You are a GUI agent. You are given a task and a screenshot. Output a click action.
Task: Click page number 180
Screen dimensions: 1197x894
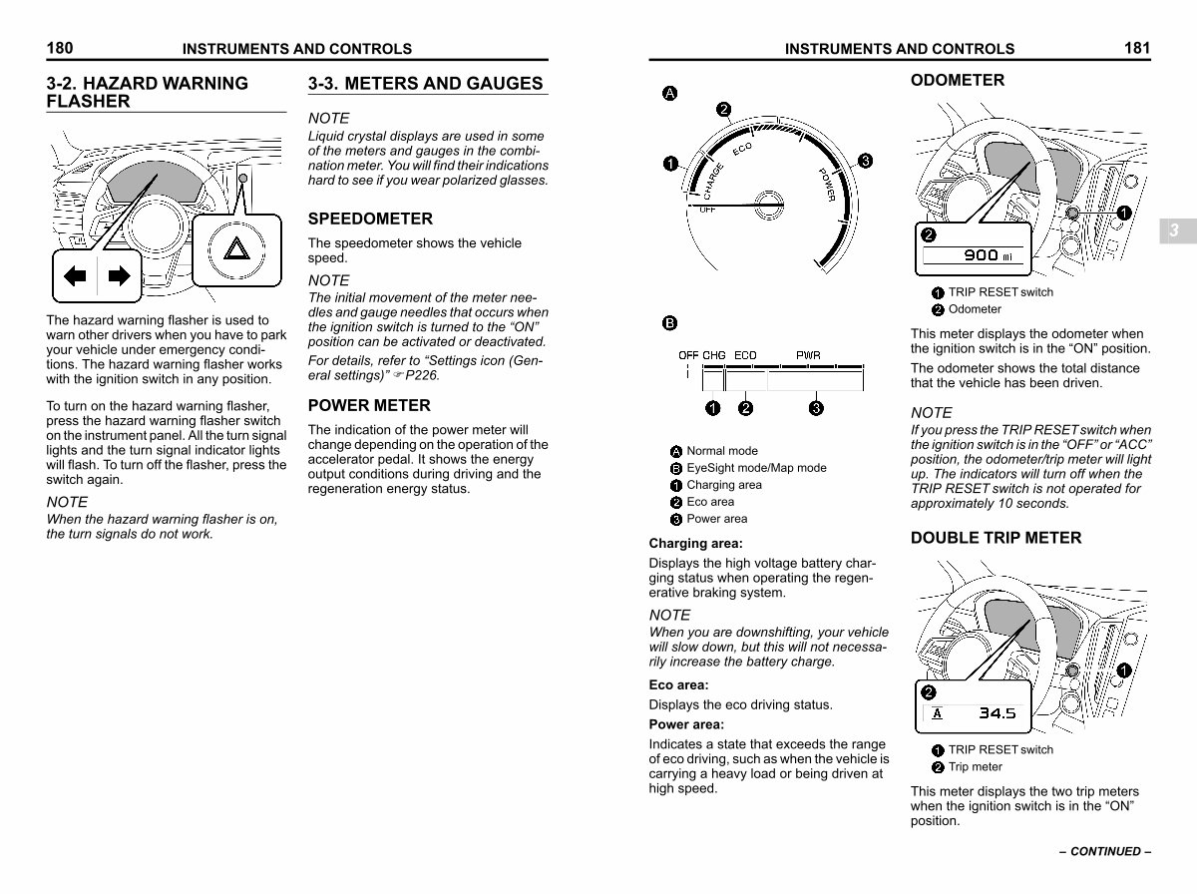(x=60, y=48)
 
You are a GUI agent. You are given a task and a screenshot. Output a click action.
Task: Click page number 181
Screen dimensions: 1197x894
(x=1137, y=48)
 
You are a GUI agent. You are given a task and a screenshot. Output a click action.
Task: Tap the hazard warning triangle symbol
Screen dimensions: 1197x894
(x=236, y=248)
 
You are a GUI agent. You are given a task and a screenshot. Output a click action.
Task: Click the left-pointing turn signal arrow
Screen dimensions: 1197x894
(x=75, y=276)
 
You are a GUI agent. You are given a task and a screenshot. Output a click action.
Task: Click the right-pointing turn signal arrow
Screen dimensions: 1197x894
(x=120, y=276)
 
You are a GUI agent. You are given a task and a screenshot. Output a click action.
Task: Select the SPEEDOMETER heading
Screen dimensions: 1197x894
(x=370, y=219)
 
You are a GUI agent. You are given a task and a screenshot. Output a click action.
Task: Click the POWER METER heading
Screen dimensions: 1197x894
(x=369, y=405)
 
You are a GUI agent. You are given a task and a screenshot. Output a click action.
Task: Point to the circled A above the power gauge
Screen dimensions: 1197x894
(x=669, y=93)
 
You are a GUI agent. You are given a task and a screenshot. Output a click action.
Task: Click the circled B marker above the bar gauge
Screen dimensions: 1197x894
(x=669, y=323)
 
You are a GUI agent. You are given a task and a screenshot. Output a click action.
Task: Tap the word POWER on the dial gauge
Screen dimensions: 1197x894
(x=827, y=185)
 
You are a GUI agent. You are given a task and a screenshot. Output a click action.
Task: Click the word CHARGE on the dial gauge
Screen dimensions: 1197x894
(x=713, y=182)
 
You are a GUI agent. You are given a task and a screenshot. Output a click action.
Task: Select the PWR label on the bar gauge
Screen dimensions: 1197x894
(x=808, y=355)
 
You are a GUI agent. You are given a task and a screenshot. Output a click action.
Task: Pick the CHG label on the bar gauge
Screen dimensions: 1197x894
(x=714, y=355)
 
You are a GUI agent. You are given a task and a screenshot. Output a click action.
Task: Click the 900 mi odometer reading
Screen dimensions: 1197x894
(x=989, y=254)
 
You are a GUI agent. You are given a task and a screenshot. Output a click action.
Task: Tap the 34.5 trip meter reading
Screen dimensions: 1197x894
(x=997, y=713)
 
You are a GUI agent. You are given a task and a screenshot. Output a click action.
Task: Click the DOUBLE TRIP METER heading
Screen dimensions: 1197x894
(x=996, y=538)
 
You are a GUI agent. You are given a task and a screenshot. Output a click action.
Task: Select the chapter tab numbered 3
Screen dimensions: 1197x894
(x=1175, y=230)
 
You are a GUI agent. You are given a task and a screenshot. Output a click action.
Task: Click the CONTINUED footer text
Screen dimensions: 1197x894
(x=1105, y=851)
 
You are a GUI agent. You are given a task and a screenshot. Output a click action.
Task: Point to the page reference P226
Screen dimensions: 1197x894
(x=422, y=375)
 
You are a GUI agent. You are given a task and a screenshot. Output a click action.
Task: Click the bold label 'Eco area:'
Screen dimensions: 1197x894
(x=679, y=685)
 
